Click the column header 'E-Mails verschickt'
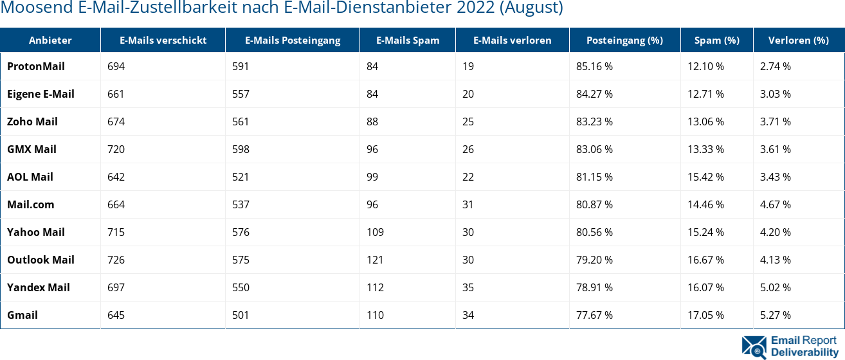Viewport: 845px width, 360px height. coord(163,40)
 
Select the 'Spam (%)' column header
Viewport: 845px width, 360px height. coord(716,40)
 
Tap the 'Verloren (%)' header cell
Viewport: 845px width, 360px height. coord(798,40)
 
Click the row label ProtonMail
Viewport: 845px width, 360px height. coord(36,66)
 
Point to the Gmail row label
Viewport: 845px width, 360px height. coord(23,315)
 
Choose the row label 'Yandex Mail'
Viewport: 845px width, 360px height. coord(39,287)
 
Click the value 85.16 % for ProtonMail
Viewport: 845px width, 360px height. coord(594,66)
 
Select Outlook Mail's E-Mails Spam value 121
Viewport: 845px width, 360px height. coord(375,260)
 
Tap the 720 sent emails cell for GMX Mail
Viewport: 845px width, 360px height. coord(116,149)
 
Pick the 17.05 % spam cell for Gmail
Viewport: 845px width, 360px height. coord(705,315)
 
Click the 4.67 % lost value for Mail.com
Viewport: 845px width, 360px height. coord(775,204)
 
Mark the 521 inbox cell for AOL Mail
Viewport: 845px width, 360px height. coord(241,177)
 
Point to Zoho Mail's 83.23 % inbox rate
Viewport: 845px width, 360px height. coord(594,122)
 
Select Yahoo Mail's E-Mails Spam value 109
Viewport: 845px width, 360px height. coord(375,232)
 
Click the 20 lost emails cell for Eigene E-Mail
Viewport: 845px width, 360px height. coord(468,94)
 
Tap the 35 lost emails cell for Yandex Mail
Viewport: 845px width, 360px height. coord(468,287)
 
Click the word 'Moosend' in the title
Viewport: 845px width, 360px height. coord(28,8)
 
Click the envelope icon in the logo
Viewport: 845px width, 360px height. coord(754,346)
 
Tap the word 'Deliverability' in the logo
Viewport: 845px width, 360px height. coord(804,352)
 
